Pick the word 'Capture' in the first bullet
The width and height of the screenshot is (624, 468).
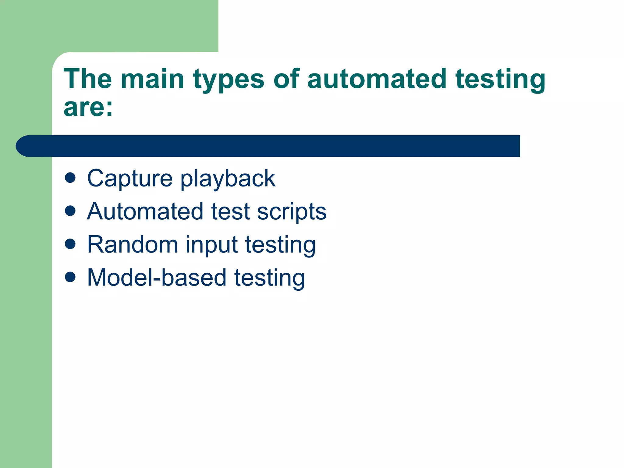(130, 179)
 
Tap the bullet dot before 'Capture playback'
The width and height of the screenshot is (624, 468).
(70, 178)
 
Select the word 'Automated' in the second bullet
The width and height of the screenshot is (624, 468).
(145, 211)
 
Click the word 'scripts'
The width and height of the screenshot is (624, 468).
(292, 212)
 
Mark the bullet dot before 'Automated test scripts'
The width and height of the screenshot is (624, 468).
(70, 211)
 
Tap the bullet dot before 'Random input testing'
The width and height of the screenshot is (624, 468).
(70, 244)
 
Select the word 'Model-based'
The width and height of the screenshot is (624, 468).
(157, 278)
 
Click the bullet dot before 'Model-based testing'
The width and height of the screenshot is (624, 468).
(70, 277)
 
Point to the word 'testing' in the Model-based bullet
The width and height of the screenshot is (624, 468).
(269, 278)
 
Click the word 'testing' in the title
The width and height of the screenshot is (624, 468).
(500, 80)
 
